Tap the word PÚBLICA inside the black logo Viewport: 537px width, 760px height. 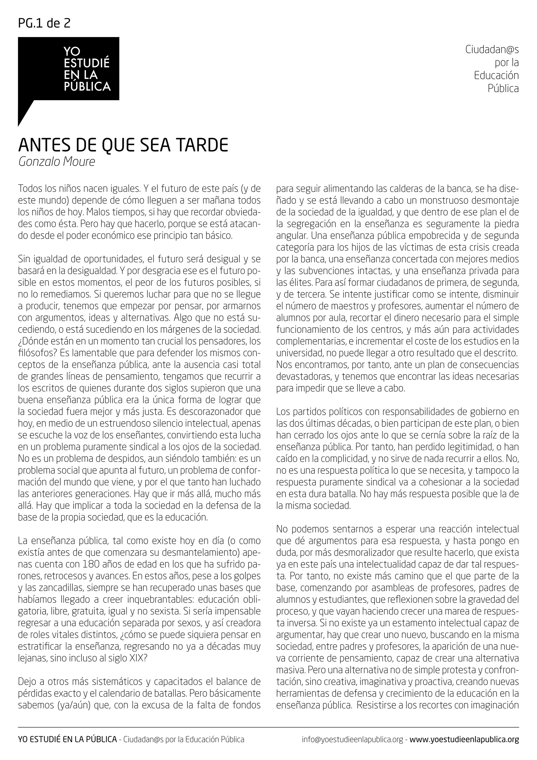click(87, 87)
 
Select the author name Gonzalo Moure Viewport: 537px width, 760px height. click(57, 162)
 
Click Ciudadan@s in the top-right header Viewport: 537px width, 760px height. click(492, 49)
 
